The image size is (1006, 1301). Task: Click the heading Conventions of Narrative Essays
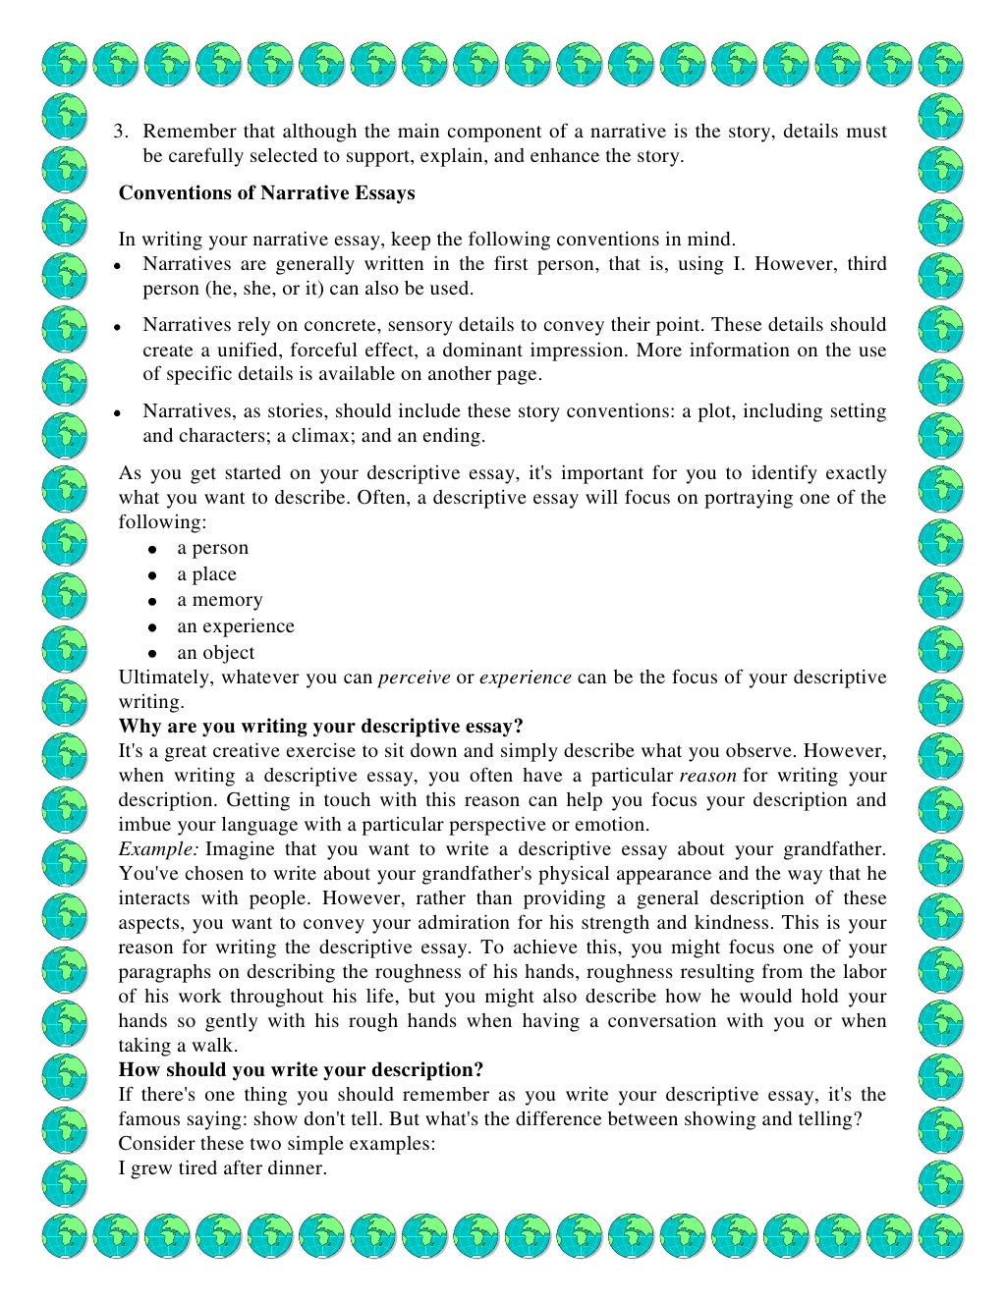click(x=266, y=193)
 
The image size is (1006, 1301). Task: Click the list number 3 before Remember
click(x=122, y=132)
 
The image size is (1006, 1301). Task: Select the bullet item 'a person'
click(x=212, y=548)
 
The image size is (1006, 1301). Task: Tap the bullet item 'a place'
click(x=206, y=574)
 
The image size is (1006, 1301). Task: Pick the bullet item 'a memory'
click(x=219, y=600)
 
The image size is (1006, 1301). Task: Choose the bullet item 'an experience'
click(x=235, y=626)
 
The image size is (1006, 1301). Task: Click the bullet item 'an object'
click(x=215, y=653)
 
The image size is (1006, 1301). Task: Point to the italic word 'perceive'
click(x=414, y=678)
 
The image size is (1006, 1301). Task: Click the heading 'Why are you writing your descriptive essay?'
click(x=321, y=727)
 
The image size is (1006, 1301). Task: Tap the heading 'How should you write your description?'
click(x=301, y=1070)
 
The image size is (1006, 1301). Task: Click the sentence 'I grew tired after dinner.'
click(x=222, y=1168)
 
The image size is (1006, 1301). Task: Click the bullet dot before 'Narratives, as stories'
click(x=116, y=413)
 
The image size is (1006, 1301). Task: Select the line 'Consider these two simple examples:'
click(x=277, y=1144)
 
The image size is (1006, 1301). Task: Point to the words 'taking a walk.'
click(x=173, y=1046)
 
